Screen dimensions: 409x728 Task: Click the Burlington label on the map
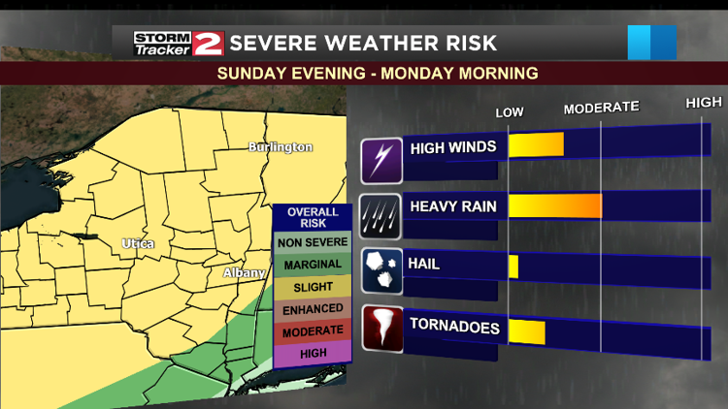click(x=281, y=147)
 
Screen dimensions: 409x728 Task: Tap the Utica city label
click(x=138, y=243)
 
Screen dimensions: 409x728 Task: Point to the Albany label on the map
click(x=244, y=273)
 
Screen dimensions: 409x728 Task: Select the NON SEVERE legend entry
click(x=313, y=243)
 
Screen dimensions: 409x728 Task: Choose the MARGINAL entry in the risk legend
click(x=313, y=265)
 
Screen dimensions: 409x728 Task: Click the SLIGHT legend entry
click(x=313, y=287)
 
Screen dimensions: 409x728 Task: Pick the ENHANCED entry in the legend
click(x=313, y=309)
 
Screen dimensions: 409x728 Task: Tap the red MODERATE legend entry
click(x=313, y=331)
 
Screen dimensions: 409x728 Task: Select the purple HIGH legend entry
click(x=313, y=354)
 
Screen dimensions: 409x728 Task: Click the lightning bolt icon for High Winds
click(x=381, y=160)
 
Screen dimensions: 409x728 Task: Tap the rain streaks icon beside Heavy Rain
click(x=381, y=215)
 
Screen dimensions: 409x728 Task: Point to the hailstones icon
click(x=381, y=270)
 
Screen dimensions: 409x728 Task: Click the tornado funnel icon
click(x=381, y=329)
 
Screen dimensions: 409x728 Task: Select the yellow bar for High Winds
click(x=536, y=145)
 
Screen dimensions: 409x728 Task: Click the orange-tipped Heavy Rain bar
click(x=555, y=205)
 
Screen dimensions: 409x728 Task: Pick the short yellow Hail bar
click(x=513, y=267)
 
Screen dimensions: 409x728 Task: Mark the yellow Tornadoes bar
click(x=527, y=331)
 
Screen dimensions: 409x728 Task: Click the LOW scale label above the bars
click(x=510, y=112)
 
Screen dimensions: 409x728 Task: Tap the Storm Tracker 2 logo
click(x=179, y=44)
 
